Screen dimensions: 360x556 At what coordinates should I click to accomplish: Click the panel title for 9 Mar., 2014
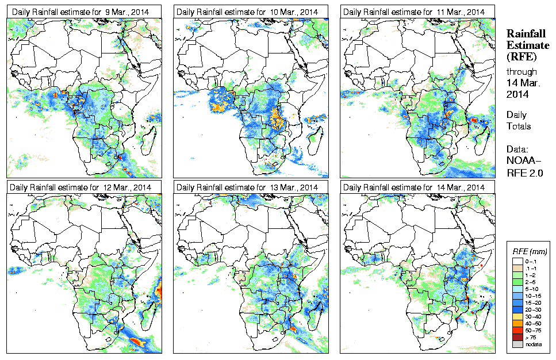[x=81, y=12]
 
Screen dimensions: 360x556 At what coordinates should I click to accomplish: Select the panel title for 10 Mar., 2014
[x=248, y=12]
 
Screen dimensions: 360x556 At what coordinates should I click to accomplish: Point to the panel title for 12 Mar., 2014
[x=81, y=187]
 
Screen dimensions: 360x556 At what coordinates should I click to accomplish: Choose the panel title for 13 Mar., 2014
[x=248, y=187]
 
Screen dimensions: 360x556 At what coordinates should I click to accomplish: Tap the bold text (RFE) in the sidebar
[x=520, y=57]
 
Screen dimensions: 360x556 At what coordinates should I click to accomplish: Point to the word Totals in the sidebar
[x=519, y=126]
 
